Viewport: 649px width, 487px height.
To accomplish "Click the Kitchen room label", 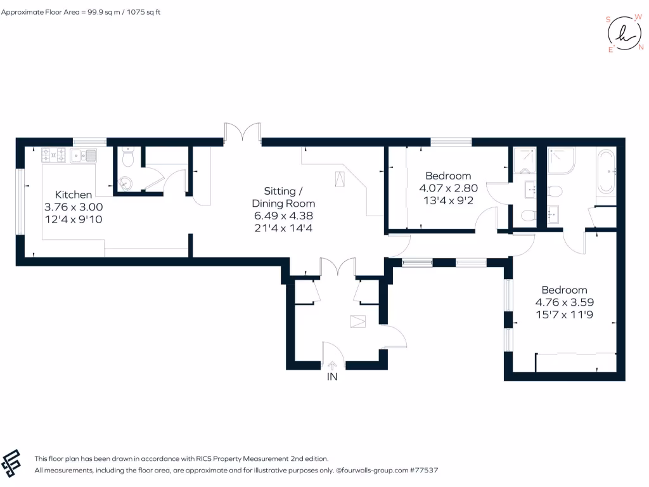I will point(74,195).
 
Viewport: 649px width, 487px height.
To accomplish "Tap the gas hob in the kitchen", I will point(54,154).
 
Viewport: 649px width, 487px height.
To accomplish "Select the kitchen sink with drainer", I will point(83,155).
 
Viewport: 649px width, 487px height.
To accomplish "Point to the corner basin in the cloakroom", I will point(125,183).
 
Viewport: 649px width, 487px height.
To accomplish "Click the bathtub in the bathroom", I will point(605,171).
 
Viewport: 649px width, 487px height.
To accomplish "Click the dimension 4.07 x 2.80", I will point(448,188).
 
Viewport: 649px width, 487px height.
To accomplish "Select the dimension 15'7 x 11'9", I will point(563,314).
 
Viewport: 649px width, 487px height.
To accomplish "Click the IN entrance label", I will point(331,377).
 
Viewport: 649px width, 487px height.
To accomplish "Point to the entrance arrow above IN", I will point(332,365).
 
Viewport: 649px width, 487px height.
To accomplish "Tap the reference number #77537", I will point(425,471).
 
